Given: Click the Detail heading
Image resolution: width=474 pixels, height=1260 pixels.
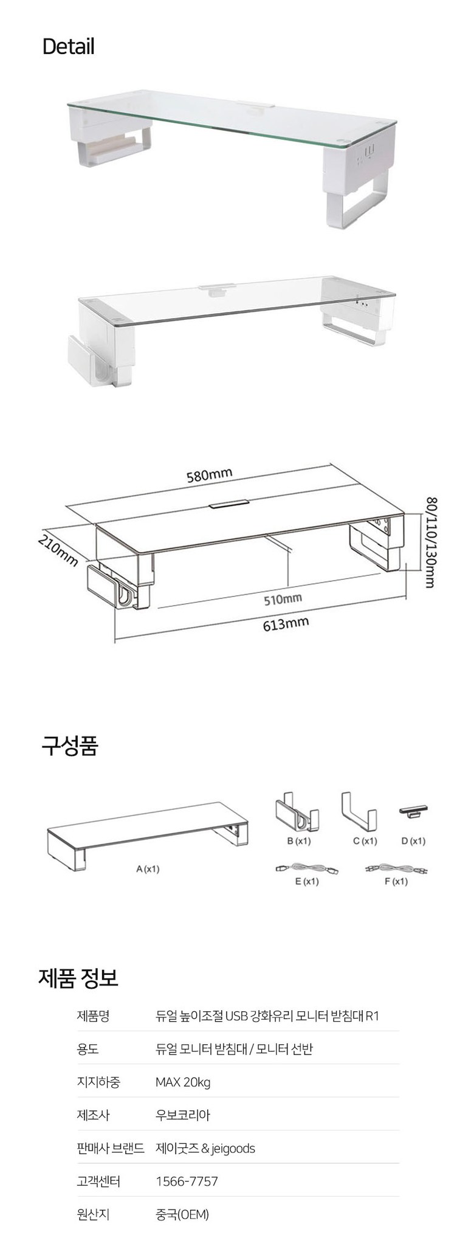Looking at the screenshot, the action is pos(68,47).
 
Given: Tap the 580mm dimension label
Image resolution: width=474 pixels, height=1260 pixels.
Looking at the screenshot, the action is pos(210,474).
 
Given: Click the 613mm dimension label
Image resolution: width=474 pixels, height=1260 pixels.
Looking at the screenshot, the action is pos(286,623).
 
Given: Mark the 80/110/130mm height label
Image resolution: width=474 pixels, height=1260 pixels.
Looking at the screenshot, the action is pos(431,542).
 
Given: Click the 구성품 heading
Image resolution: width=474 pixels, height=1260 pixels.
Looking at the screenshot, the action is pos(69,746).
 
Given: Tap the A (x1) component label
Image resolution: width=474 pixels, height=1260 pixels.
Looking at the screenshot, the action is pos(148,869).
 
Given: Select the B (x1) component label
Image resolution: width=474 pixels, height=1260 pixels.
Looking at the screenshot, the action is pos(298,841).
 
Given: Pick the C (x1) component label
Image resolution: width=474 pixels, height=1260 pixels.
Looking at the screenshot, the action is pos(365,841).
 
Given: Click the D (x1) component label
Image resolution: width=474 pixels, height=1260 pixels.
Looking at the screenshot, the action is pos(413,841).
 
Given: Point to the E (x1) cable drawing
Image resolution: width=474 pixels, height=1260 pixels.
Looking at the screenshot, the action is pos(306,868).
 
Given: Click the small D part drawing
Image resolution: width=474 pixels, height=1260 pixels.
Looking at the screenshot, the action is pos(413,812).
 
